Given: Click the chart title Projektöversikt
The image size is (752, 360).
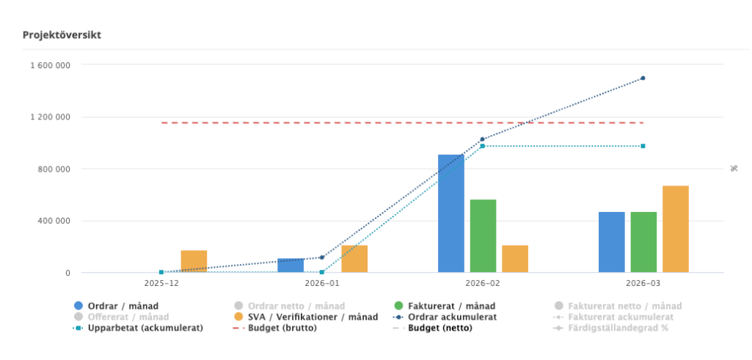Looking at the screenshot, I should [62, 34].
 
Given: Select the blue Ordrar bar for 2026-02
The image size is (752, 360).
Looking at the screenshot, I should [450, 213].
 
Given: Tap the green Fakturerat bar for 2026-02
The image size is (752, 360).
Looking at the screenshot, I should [483, 236].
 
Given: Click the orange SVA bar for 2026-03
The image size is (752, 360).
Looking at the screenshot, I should [675, 229].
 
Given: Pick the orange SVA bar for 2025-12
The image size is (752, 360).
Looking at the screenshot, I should [194, 262].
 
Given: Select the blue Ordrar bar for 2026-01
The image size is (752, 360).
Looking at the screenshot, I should [291, 265].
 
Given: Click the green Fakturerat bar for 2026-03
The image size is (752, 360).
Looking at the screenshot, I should [643, 242].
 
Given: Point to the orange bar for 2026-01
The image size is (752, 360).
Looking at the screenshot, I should [354, 259].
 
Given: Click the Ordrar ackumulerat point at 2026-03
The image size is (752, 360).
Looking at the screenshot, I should [643, 78].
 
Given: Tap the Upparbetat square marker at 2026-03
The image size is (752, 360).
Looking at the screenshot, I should [643, 146].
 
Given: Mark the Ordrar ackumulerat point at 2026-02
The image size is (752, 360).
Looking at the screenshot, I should [482, 139].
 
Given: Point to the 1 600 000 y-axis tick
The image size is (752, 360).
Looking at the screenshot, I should [50, 65].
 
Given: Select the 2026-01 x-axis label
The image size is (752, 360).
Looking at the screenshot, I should [322, 282].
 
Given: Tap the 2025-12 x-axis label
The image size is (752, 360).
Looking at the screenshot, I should [161, 282].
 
